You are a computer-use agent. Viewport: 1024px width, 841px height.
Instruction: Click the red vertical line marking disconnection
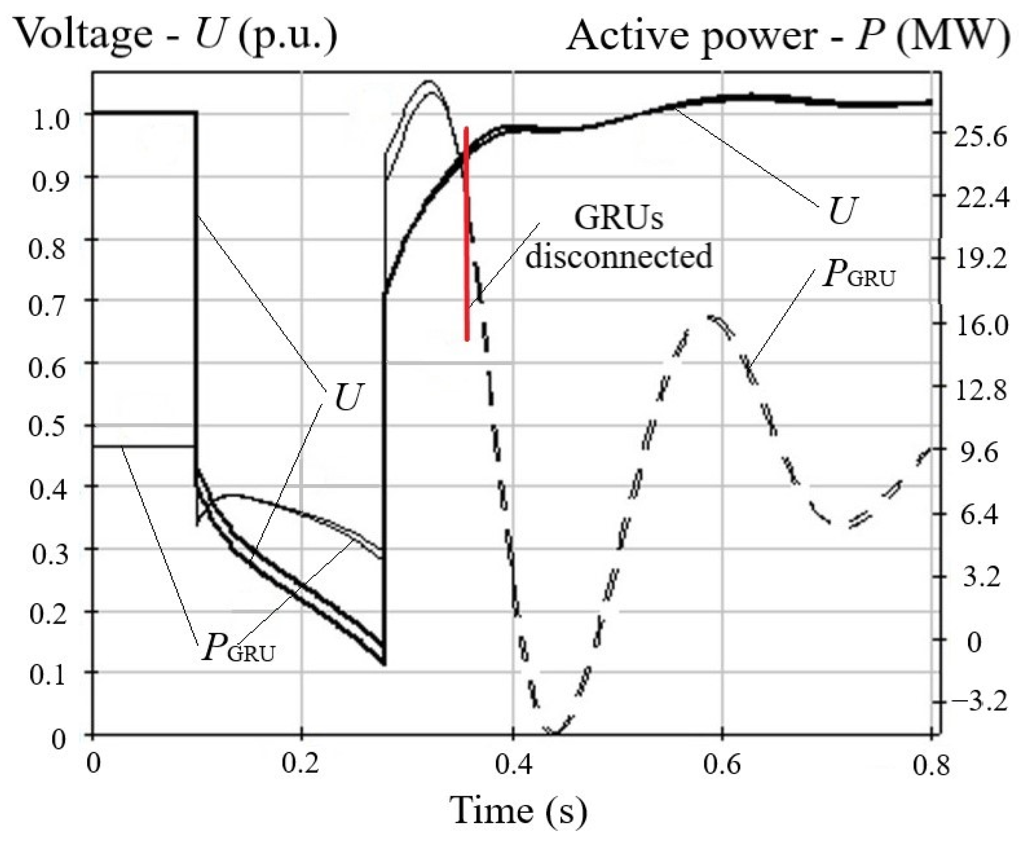click(x=466, y=234)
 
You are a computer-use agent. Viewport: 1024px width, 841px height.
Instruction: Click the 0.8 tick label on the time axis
click(x=931, y=765)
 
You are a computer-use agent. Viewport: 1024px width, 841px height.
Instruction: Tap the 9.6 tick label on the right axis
click(x=979, y=453)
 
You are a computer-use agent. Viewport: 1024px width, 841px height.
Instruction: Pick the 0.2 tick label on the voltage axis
click(x=48, y=614)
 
